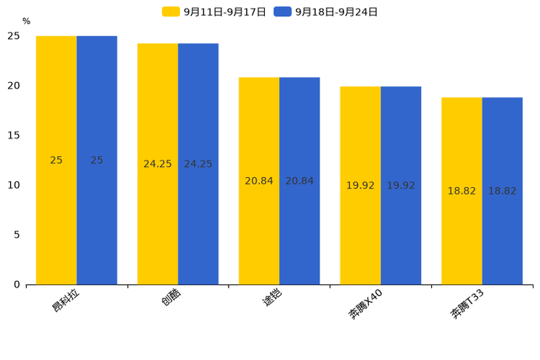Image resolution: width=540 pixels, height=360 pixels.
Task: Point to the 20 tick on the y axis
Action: point(14,86)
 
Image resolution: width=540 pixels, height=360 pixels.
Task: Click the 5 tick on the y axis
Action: point(17,234)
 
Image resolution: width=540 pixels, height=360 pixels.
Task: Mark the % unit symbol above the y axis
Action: point(26,22)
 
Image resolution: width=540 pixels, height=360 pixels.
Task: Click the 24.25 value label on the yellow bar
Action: point(157,164)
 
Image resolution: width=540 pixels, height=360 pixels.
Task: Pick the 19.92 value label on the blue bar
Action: point(401,186)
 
